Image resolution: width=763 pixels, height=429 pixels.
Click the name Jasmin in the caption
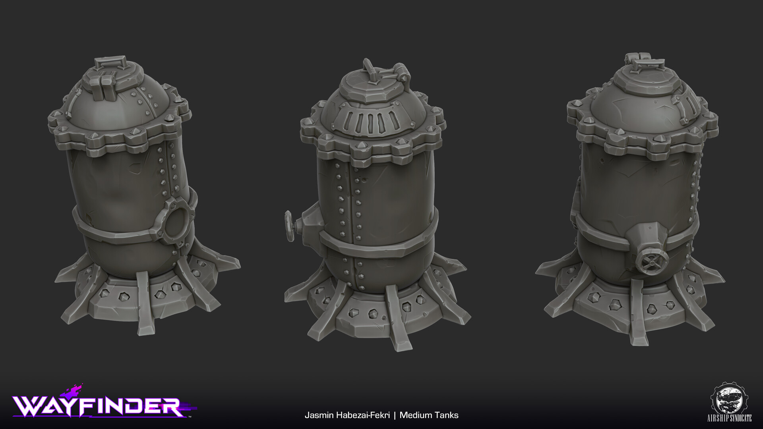(318, 415)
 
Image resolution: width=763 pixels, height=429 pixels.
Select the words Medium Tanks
(429, 415)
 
